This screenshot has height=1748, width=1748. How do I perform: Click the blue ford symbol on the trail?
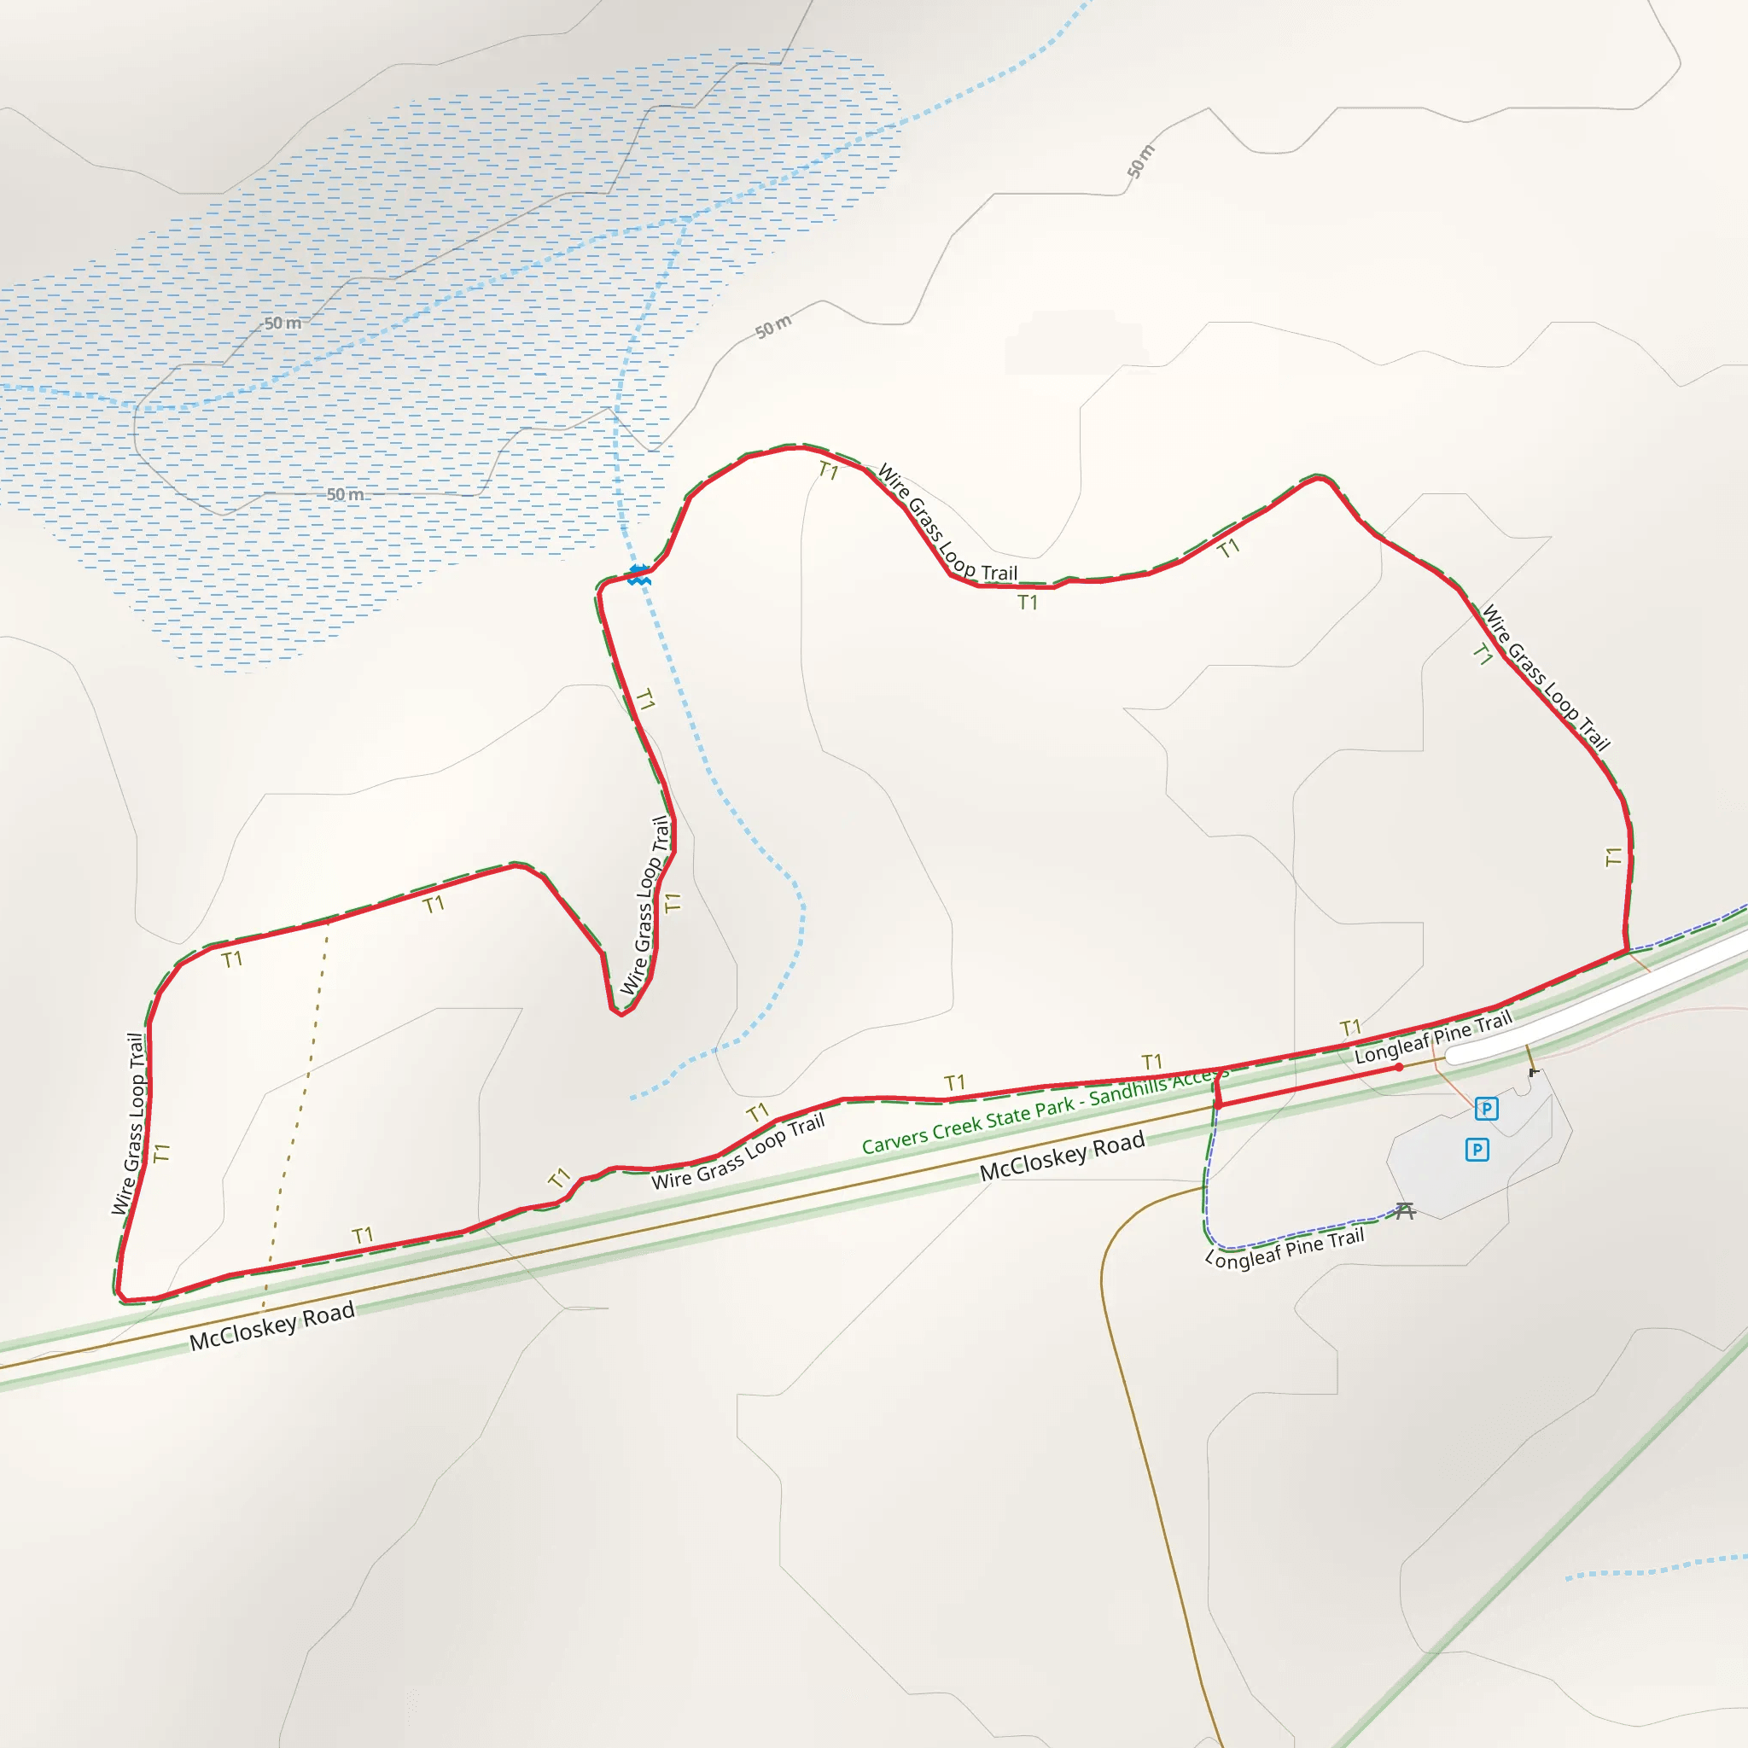coord(639,574)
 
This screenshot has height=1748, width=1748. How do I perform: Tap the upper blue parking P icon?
coord(1487,1109)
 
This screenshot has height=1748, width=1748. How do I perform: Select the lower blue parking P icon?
coord(1477,1150)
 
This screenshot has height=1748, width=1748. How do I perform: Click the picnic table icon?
coord(1404,1210)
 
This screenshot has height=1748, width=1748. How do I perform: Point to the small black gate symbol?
coord(1534,1072)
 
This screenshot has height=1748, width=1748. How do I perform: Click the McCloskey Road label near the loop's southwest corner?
coord(271,1326)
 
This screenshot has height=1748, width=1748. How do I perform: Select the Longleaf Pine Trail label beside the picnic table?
coord(1284,1249)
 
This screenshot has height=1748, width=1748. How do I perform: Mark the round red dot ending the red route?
coord(1400,1068)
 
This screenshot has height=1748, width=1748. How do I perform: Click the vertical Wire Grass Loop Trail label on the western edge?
coord(129,1123)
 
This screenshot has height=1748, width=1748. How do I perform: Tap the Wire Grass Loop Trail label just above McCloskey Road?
coord(738,1151)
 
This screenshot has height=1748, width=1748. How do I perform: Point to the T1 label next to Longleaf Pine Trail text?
coord(1350,1028)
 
